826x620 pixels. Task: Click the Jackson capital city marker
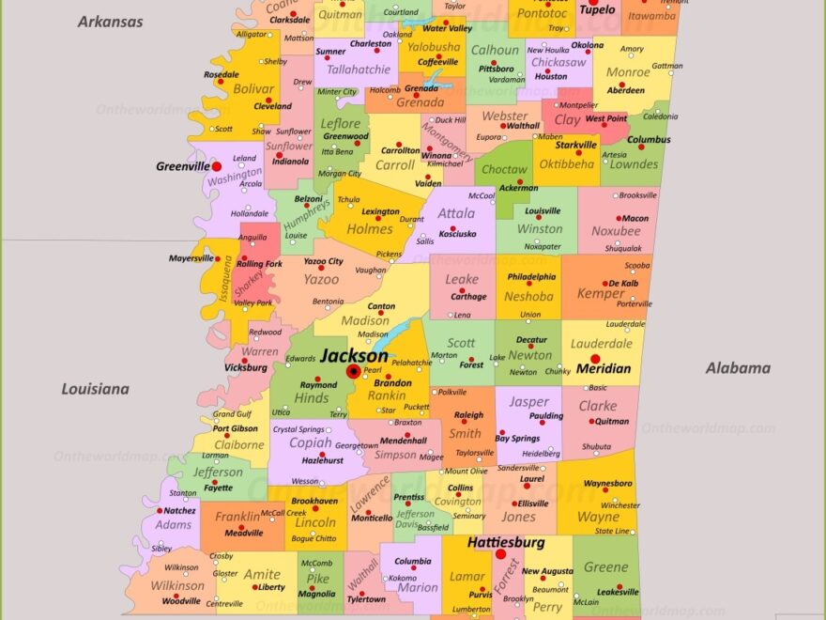[354, 371]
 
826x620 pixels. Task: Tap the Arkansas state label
[110, 21]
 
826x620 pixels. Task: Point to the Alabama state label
[737, 368]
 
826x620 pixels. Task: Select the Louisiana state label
[95, 388]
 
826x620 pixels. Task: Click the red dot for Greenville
[217, 166]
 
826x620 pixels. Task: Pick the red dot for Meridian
[595, 358]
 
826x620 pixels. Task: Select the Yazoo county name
[321, 279]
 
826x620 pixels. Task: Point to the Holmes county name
[370, 228]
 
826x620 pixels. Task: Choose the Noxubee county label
[616, 231]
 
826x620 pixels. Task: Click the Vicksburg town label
[246, 368]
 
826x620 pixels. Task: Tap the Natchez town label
[179, 511]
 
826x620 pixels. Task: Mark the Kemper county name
[600, 294]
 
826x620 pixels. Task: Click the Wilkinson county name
[177, 585]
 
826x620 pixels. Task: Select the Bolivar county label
[253, 88]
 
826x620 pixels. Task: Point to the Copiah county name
[310, 442]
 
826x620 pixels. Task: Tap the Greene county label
[606, 566]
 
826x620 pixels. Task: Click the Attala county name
[456, 213]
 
